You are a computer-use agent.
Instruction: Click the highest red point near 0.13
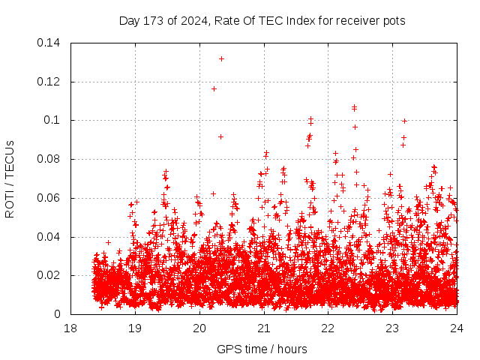coord(221,58)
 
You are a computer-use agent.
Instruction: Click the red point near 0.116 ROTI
coord(214,88)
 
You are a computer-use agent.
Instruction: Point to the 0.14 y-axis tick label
coord(49,43)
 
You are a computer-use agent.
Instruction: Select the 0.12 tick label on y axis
coord(49,82)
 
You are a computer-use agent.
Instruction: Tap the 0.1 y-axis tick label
coord(53,121)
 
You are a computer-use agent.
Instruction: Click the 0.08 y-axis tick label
coord(49,160)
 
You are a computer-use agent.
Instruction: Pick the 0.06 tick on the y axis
coord(49,198)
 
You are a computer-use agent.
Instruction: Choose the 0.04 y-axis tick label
coord(49,237)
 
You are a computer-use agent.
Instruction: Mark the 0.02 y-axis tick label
coord(49,276)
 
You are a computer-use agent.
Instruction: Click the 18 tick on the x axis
coord(70,328)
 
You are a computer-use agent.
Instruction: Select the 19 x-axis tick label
coord(135,328)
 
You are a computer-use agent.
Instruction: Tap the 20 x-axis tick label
coord(199,328)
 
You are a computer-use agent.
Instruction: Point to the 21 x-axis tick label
coord(264,328)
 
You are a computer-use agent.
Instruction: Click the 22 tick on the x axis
coord(328,328)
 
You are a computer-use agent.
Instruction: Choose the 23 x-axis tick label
coord(393,328)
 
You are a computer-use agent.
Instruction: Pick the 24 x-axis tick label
coord(457,328)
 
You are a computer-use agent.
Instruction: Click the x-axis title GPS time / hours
coord(262,349)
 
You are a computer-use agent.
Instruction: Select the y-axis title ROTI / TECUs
coord(10,178)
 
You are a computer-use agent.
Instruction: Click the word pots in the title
coord(394,21)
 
